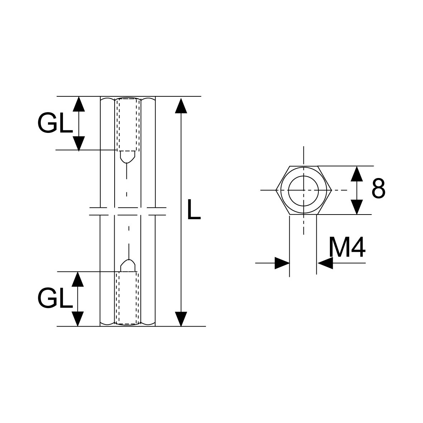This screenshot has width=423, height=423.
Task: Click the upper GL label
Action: [x=55, y=123]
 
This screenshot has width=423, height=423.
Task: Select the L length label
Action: [x=194, y=209]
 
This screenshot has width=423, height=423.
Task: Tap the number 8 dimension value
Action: [x=378, y=188]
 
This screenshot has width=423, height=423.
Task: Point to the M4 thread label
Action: [x=347, y=247]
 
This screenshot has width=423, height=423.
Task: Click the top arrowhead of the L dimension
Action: [x=181, y=105]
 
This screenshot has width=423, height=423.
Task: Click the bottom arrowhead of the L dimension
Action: [x=181, y=319]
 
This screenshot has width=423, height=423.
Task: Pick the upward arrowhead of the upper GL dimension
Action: [x=78, y=104]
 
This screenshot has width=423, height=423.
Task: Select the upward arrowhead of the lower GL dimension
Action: [x=78, y=279]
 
